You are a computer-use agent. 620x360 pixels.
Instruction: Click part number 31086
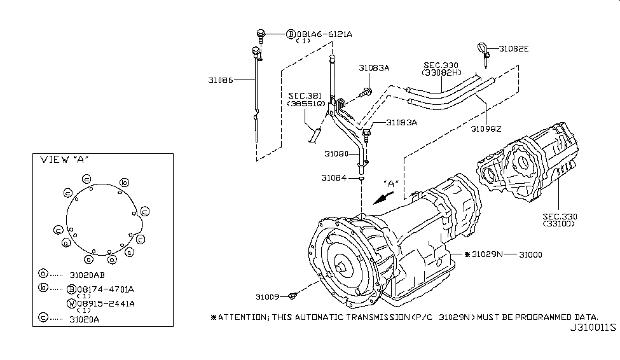point(220,80)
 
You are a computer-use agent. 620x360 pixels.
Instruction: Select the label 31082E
point(514,49)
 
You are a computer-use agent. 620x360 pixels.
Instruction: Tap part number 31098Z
point(486,128)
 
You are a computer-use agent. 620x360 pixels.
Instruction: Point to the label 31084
point(334,178)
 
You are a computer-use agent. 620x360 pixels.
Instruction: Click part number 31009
point(267,296)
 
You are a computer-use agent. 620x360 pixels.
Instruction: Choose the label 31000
point(530,255)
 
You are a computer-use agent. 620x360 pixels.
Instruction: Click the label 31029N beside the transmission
point(486,254)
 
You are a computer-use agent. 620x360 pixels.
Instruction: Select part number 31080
point(336,154)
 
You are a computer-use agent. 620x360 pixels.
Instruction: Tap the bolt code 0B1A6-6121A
point(324,34)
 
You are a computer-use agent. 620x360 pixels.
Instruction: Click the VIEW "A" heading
point(64,160)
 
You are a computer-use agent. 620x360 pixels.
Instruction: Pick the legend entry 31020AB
point(87,275)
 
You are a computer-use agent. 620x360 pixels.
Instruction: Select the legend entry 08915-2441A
point(106,304)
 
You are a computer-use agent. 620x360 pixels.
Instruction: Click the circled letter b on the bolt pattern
point(125,183)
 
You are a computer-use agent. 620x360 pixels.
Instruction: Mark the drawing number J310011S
point(593,328)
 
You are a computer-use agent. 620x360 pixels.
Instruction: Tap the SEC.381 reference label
point(305,96)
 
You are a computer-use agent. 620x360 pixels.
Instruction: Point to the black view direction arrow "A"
point(383,198)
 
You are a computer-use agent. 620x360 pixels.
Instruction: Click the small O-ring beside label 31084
point(361,179)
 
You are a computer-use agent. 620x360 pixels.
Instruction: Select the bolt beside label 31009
point(293,296)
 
